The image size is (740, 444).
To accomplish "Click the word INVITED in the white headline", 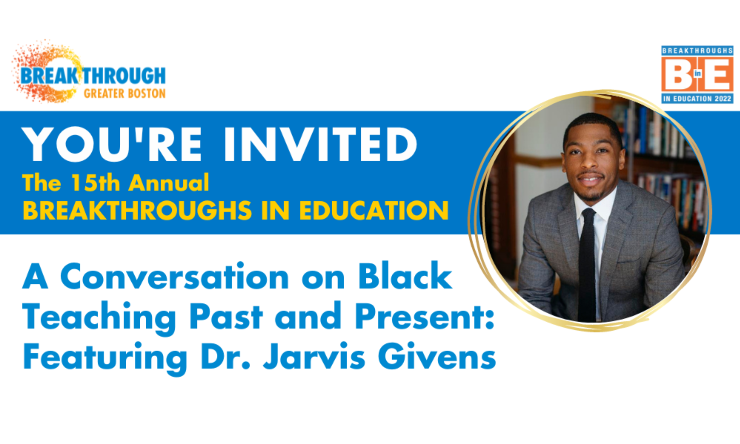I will point(320,145).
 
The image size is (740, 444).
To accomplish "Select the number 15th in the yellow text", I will point(96,183).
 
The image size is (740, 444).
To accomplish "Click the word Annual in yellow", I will point(169,183).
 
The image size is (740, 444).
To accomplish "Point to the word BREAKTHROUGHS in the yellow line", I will point(137,211).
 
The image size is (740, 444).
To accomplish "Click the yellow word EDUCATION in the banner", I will point(374,211).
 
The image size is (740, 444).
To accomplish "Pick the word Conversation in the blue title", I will point(174,277).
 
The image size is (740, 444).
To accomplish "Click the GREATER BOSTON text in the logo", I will point(125,94).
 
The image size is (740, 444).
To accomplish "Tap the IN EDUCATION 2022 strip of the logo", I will point(697,98).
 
